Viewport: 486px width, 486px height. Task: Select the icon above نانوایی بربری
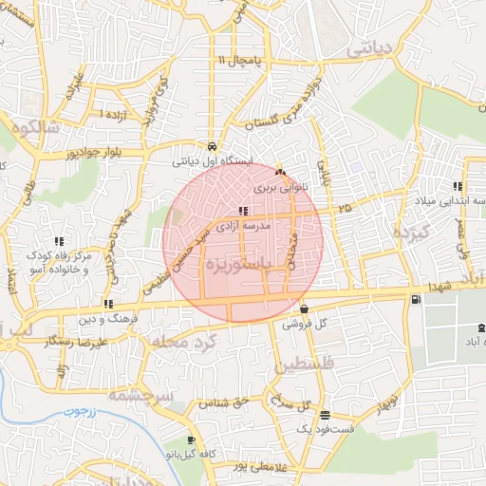[x=279, y=174]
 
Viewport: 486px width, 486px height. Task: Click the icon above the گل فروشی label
[x=304, y=308]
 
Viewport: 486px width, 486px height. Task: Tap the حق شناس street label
[x=223, y=402]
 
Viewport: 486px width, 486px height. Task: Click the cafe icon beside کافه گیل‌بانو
[x=192, y=440]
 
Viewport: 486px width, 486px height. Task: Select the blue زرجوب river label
[x=61, y=412]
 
